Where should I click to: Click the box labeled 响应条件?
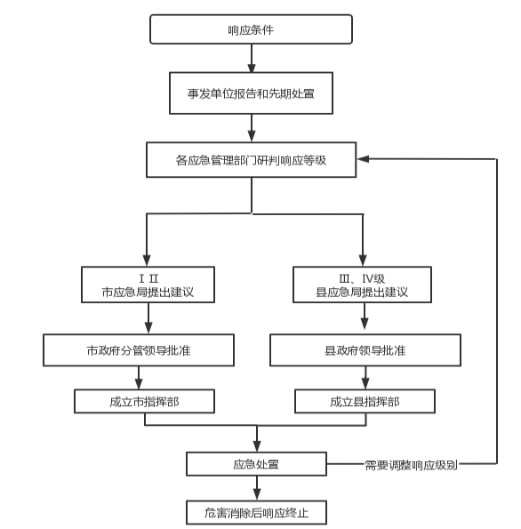[x=251, y=29]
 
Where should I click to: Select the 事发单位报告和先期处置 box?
[x=251, y=93]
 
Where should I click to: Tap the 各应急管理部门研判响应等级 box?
[x=251, y=159]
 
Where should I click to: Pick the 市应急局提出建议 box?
[x=148, y=285]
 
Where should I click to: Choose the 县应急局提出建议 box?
[x=362, y=285]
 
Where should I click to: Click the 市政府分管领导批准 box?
[x=139, y=350]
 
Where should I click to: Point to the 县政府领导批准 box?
[x=365, y=350]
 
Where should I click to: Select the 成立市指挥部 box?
[x=144, y=402]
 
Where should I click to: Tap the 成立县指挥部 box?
[x=365, y=402]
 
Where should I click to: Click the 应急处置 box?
[x=256, y=464]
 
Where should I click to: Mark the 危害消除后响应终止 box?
[x=256, y=513]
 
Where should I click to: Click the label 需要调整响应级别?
[x=411, y=465]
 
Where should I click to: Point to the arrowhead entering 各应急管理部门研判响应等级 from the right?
[x=363, y=159]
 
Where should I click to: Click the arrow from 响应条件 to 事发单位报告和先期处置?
[x=252, y=58]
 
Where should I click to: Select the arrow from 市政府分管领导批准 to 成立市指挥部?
[x=139, y=378]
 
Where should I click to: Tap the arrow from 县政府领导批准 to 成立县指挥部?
[x=365, y=378]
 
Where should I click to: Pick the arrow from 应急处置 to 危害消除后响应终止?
[x=257, y=488]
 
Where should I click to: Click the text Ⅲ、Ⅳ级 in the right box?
[x=362, y=279]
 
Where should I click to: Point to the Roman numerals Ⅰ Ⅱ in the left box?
[x=148, y=278]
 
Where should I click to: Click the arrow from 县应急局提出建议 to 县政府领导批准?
[x=365, y=317]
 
